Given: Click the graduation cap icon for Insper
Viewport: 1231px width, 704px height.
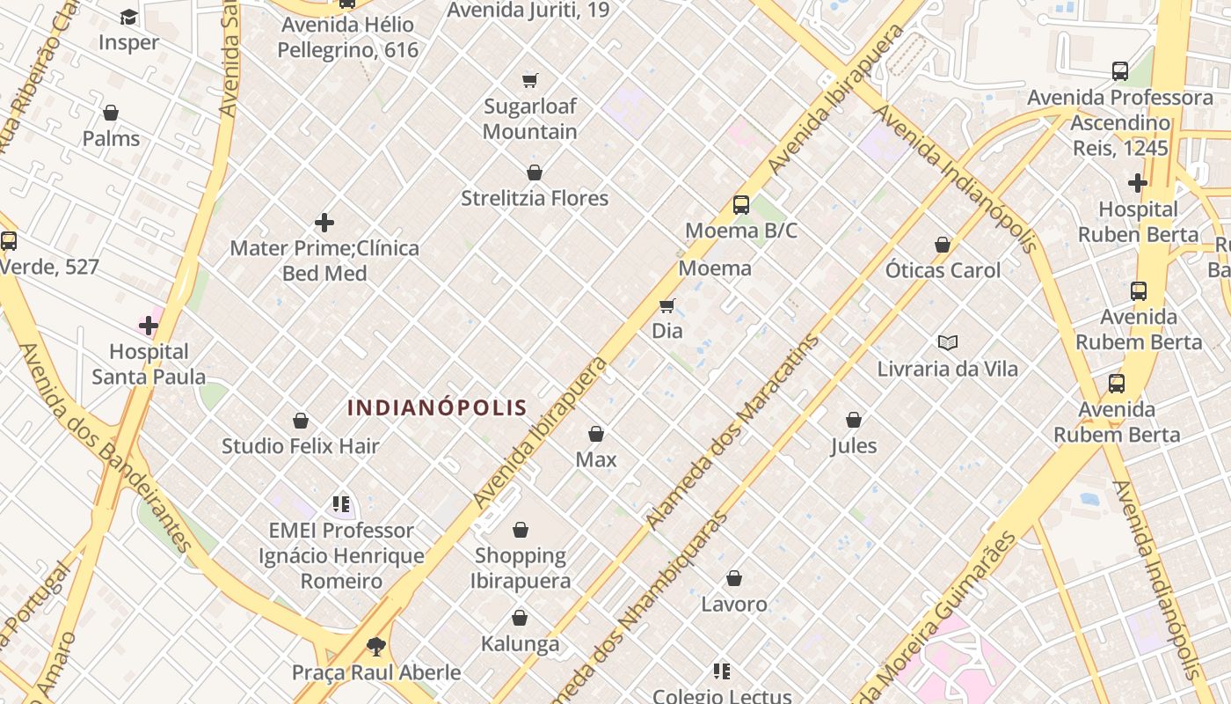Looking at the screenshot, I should point(128,18).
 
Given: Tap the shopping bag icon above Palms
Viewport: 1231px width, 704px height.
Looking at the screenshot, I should point(111,114).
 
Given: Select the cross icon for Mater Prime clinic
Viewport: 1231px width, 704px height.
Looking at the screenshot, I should point(324,223).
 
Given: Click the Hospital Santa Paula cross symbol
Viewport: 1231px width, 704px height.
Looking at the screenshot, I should point(149,326).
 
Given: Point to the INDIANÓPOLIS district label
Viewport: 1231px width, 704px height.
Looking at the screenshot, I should point(437,407).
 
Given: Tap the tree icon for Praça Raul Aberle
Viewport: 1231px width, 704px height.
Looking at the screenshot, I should point(376,647).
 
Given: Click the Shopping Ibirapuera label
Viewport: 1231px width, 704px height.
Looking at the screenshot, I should point(521,568).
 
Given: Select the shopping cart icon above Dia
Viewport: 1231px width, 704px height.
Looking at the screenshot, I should point(667,306).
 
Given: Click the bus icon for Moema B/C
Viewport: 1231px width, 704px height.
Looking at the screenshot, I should point(741,205).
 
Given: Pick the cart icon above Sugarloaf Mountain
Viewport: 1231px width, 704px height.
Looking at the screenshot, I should point(530,81).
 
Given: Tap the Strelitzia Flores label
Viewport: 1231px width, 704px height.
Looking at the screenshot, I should point(535,198).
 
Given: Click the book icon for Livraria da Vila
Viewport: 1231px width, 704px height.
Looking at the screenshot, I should point(947,343).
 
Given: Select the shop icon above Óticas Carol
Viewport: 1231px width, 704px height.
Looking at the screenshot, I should point(943,245).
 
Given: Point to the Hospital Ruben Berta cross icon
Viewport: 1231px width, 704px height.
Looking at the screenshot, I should point(1138,183).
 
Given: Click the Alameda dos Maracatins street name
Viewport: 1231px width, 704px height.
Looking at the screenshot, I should point(734,431).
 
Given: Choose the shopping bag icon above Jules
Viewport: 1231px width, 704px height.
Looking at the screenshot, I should point(854,420).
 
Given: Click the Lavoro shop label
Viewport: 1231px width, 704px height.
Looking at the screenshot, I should point(734,605).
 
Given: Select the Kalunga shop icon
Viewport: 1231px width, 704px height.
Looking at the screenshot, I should point(520,619).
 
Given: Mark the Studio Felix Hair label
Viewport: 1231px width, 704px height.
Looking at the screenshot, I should point(301,446).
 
